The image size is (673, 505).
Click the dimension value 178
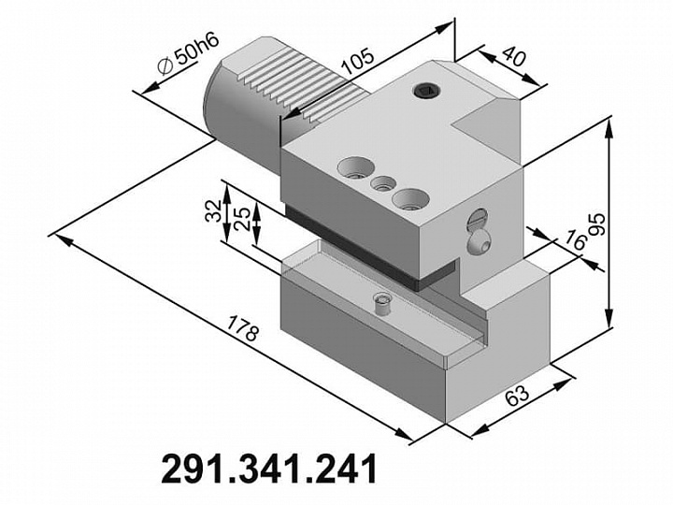pyautogui.click(x=243, y=328)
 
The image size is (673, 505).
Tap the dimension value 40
pyautogui.click(x=514, y=56)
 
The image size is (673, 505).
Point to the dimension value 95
pyautogui.click(x=597, y=224)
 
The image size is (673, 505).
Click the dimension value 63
pyautogui.click(x=517, y=395)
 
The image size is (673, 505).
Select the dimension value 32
pyautogui.click(x=213, y=210)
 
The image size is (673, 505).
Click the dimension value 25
pyautogui.click(x=242, y=219)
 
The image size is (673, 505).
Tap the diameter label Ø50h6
pyautogui.click(x=189, y=53)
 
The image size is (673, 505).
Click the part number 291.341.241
pyautogui.click(x=269, y=469)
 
